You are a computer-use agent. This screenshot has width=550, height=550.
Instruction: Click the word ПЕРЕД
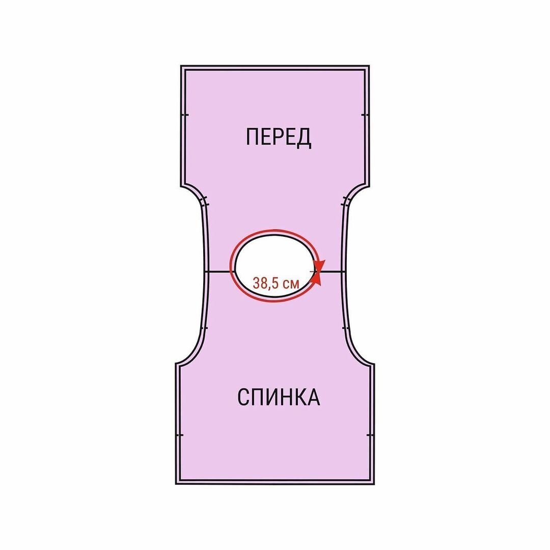[278, 137]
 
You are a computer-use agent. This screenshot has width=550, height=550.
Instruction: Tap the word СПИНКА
[279, 397]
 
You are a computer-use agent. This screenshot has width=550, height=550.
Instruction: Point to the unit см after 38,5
[290, 284]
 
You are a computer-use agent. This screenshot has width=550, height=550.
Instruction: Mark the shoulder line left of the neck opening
[219, 272]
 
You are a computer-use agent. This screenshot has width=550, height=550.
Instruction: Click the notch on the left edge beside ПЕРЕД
[184, 115]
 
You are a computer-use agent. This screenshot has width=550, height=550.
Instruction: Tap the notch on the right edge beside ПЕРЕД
[365, 115]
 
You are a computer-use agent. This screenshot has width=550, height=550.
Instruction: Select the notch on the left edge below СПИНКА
[179, 435]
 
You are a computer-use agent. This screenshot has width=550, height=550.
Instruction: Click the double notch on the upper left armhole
[204, 202]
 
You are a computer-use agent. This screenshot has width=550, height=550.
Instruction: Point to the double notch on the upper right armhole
[346, 202]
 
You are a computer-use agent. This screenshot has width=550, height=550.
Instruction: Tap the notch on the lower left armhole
[204, 327]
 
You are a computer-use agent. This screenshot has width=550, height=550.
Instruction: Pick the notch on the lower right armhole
[346, 327]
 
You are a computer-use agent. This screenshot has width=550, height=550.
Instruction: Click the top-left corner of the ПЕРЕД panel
[182, 67]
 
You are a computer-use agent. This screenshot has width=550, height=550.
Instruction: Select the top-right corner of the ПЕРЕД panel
[368, 67]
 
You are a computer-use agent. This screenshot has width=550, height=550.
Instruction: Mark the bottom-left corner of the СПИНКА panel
[177, 483]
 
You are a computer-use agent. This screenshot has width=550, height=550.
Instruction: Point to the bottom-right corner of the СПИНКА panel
[373, 483]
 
